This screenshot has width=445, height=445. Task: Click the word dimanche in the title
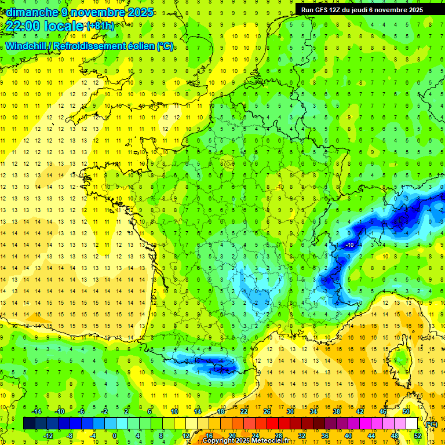pyautogui.click(x=28, y=12)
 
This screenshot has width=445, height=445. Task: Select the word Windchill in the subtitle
pyautogui.click(x=27, y=46)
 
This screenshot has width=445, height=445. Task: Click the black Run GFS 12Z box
pyautogui.click(x=362, y=9)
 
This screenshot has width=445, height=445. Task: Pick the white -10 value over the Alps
pyautogui.click(x=349, y=245)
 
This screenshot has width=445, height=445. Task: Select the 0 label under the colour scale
pyautogui.click(x=115, y=435)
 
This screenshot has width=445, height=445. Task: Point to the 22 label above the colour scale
pyautogui.click(x=244, y=411)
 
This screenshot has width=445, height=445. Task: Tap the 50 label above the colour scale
pyautogui.click(x=406, y=411)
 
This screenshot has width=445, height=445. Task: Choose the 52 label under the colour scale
pyautogui.click(x=417, y=435)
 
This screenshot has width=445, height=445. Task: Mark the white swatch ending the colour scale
pyautogui.click(x=411, y=424)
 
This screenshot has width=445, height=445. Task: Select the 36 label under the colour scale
pyautogui.click(x=324, y=435)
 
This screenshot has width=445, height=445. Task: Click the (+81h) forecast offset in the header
pyautogui.click(x=100, y=26)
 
